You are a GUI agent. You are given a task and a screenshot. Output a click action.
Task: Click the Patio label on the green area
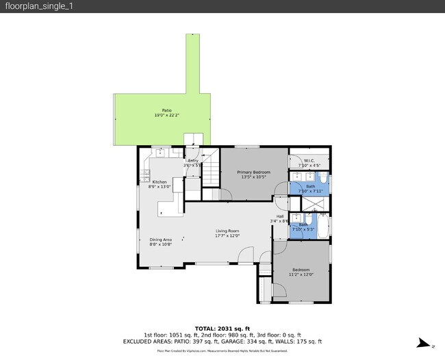[x=166, y=110]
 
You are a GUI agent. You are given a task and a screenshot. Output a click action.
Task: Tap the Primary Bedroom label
[x=253, y=172]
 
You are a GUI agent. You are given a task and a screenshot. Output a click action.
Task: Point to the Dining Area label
[x=161, y=239]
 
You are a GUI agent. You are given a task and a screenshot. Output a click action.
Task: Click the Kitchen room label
[x=160, y=181]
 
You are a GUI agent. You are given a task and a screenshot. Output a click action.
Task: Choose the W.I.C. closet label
[x=309, y=161]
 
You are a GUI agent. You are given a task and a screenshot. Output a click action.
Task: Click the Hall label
[x=280, y=216]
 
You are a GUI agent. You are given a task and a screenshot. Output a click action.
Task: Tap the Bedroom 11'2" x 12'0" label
[x=301, y=269]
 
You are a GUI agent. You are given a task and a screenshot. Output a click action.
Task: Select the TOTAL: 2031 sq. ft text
[x=222, y=328]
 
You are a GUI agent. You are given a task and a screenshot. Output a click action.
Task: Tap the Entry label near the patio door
[x=193, y=160]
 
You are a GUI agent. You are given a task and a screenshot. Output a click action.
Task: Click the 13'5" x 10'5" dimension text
[x=253, y=177]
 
